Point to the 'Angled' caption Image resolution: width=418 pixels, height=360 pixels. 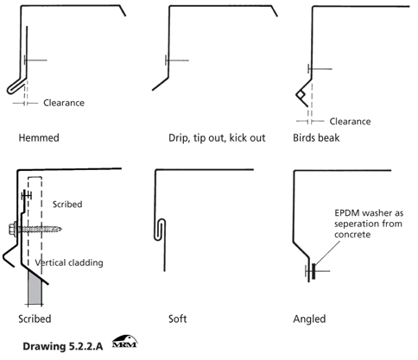tap(309, 319)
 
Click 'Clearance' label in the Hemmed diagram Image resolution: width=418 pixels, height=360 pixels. tap(64, 103)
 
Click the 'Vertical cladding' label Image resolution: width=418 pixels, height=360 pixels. tap(69, 262)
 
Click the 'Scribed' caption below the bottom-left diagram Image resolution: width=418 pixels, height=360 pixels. tap(33, 319)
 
